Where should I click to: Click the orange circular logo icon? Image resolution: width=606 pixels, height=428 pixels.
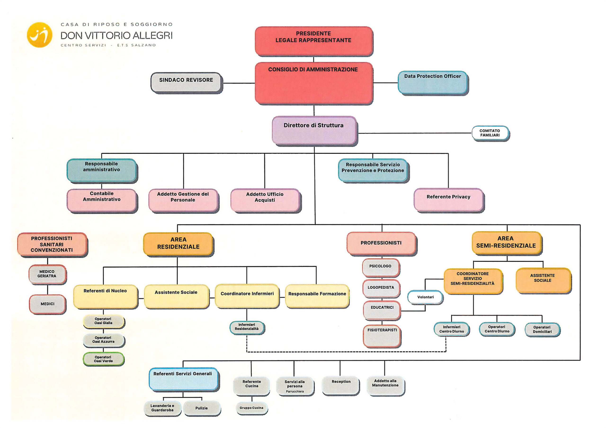(x=40, y=35)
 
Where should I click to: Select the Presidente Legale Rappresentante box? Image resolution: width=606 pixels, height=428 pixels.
(x=314, y=41)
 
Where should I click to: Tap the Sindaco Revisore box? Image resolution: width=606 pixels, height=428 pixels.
(x=186, y=82)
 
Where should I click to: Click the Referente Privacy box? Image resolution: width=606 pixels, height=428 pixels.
(x=448, y=199)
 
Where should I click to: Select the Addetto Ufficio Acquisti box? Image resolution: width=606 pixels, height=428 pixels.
(x=265, y=200)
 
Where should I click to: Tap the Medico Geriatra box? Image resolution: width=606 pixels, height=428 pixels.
(x=47, y=274)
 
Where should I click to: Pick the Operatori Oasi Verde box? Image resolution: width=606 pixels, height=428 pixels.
(x=103, y=359)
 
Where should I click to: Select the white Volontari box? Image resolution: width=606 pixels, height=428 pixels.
(x=425, y=297)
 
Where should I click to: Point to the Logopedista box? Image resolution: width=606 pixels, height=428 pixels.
(x=381, y=288)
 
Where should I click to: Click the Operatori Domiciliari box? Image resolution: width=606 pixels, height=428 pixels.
(x=542, y=329)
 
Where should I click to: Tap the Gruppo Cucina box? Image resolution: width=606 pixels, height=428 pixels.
(x=252, y=408)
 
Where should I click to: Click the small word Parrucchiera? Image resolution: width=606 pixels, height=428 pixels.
(x=295, y=392)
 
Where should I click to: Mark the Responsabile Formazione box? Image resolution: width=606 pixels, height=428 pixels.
(x=317, y=296)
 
